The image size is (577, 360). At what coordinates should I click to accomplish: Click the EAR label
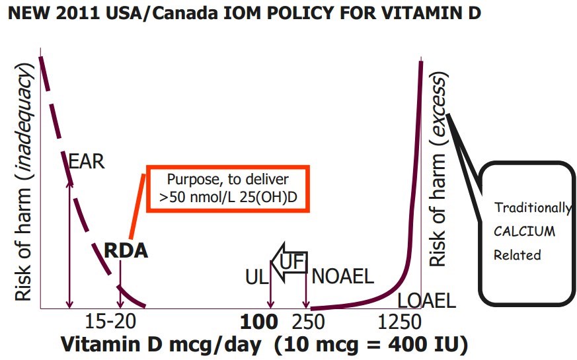(87, 161)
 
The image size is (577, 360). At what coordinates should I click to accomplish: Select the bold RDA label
(126, 251)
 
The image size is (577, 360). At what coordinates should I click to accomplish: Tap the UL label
(256, 277)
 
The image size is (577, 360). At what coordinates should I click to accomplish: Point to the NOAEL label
(342, 277)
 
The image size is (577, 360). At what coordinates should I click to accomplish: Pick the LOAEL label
(426, 302)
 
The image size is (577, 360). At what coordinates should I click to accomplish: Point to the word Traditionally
(533, 208)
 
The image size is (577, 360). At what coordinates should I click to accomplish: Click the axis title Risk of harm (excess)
(439, 169)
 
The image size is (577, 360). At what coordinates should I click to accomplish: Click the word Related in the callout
(517, 255)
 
